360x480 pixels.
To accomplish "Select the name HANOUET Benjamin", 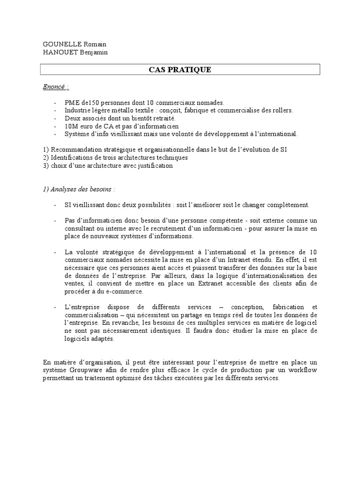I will tap(75, 52).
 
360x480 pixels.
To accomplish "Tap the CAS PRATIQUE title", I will tap(180, 70).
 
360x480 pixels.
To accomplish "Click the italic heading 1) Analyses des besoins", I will tap(78, 189).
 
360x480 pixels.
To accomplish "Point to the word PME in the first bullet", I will tap(73, 103).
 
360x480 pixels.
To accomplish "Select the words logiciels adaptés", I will tap(89, 339).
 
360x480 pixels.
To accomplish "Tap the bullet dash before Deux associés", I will tap(56, 118).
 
